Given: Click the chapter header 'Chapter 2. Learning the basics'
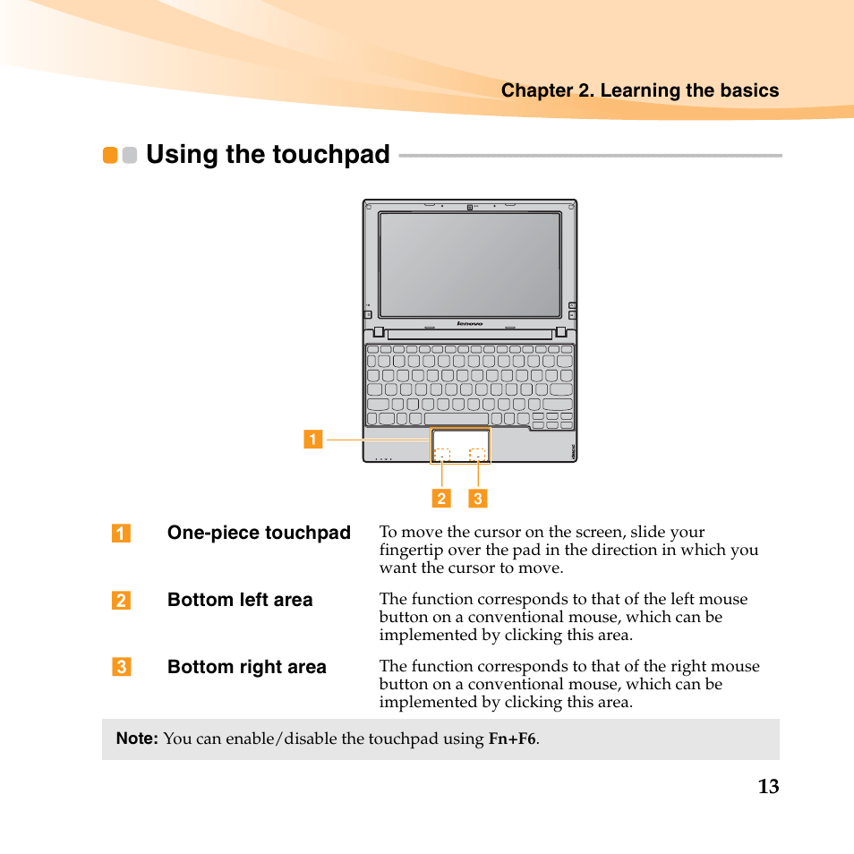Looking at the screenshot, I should point(639,90).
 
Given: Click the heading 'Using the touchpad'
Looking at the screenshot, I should point(268,155).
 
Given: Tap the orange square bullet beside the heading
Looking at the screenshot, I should point(110,155).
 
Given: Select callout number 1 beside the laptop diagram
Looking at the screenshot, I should point(312,439).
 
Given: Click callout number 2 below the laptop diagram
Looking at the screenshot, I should point(441,499).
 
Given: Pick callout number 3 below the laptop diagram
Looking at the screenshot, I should point(478,499).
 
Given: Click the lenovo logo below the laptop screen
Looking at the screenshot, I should point(470,323).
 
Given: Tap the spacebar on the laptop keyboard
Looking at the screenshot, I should point(457,419).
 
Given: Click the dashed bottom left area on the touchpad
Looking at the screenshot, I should point(442,455).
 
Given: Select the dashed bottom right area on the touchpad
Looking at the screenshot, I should point(478,455).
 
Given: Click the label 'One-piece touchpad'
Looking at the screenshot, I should point(259,533).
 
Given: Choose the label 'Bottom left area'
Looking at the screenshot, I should point(240,600).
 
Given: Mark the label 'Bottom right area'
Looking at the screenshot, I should point(247,667).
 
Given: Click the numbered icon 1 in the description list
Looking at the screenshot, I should point(121,534).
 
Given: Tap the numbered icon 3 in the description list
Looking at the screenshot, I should point(121,667).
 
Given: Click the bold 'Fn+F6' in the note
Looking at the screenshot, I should point(512,739).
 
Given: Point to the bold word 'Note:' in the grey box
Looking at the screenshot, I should point(137,739).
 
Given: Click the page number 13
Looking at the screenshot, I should point(768,787).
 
